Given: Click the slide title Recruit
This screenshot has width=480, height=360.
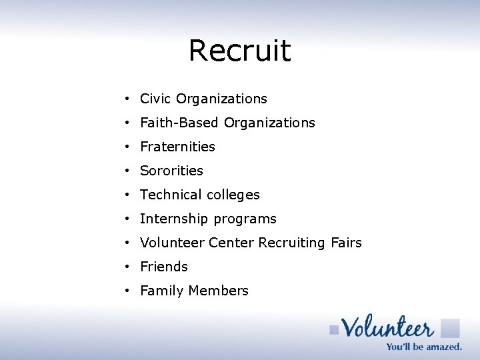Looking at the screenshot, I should [239, 51].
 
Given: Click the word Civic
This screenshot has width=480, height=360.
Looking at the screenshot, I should [155, 99].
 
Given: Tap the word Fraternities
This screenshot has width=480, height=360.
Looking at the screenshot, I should [177, 147].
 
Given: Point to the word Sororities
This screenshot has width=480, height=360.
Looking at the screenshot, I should [171, 171].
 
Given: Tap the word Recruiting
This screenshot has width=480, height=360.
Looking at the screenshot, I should [292, 243].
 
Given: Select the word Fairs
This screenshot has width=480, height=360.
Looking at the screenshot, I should [346, 243].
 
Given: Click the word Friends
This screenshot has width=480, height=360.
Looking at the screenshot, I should [164, 267].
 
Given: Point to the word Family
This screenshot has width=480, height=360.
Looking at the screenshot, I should [162, 291].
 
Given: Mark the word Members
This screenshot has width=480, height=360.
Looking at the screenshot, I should [218, 291].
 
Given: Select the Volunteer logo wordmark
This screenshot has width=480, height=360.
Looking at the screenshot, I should [387, 327].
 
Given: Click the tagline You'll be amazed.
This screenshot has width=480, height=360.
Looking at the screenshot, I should [423, 347].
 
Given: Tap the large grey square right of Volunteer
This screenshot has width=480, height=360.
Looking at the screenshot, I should [450, 328].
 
